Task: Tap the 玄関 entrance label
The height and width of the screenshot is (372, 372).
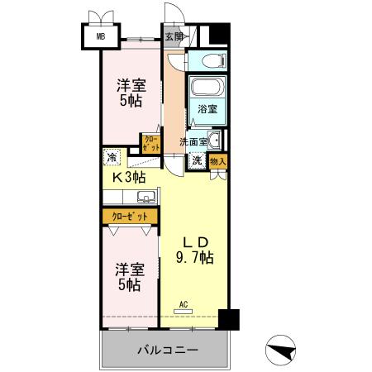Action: coord(173,36)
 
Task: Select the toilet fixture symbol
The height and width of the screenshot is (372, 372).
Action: coord(207,61)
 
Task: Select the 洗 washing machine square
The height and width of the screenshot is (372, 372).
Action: coord(197,161)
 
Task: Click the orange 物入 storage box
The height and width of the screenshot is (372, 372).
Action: coord(217,161)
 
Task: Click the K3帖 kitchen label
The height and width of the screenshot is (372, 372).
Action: coord(130,177)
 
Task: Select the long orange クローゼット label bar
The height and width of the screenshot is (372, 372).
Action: coord(131,216)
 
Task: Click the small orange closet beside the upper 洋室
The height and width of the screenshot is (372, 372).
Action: coord(150,144)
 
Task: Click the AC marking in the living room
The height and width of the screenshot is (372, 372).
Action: coord(184,304)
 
